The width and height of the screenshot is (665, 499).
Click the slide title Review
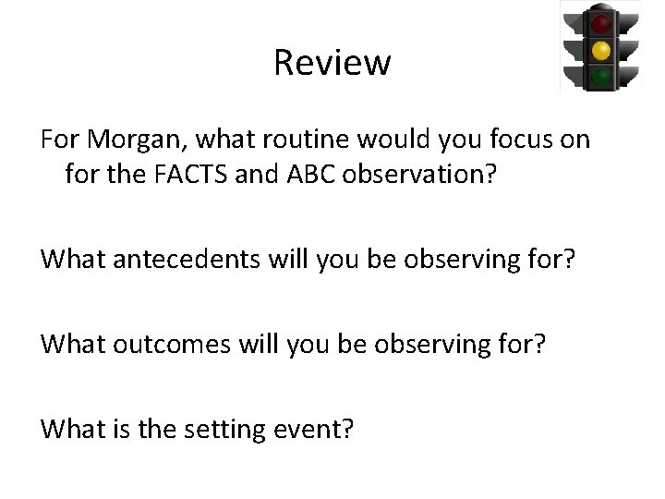332,63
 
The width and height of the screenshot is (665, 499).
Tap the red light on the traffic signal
601,22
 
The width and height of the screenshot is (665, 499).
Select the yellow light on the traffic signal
601,49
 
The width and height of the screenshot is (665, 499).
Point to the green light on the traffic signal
601,76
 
